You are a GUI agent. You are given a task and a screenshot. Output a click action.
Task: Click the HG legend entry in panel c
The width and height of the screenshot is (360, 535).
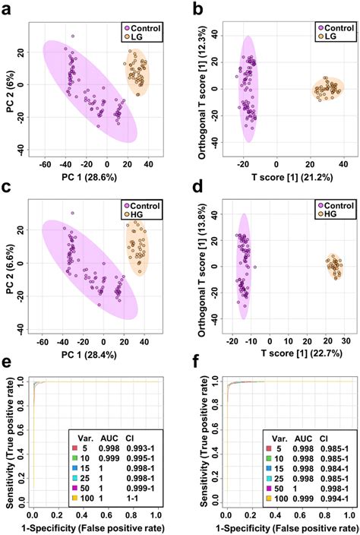[x=138, y=212]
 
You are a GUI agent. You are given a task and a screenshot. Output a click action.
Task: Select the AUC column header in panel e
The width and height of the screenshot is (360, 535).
[x=113, y=438]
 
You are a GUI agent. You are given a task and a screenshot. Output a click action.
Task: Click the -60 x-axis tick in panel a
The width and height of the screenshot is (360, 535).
[x=45, y=163]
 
